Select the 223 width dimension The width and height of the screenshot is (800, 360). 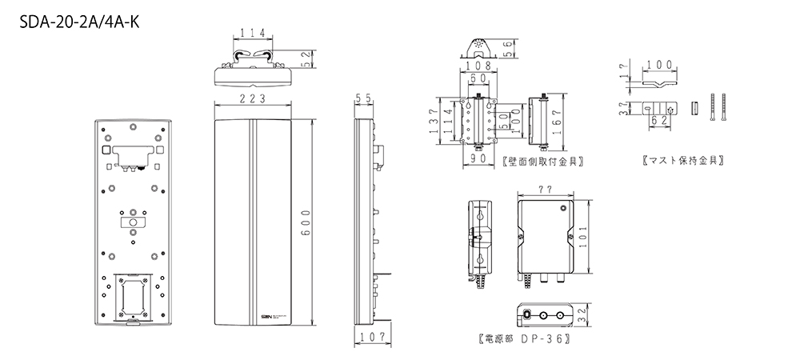(x=254, y=98)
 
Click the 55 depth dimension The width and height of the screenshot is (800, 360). (x=364, y=98)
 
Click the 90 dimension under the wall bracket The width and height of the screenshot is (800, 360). (x=478, y=159)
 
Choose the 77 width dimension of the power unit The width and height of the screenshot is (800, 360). (x=545, y=191)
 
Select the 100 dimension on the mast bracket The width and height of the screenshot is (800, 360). (x=658, y=64)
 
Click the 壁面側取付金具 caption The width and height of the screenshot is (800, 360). (x=542, y=161)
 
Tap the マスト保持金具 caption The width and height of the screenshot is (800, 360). (x=684, y=161)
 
